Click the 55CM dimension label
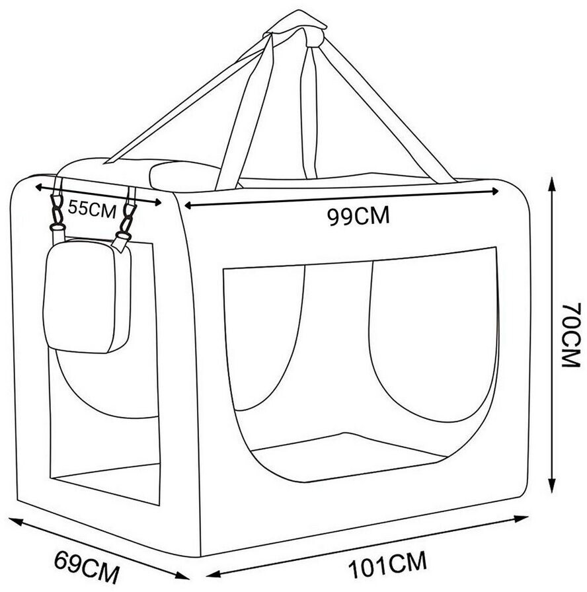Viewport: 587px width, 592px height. pyautogui.click(x=92, y=209)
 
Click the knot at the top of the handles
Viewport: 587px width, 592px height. pyautogui.click(x=295, y=26)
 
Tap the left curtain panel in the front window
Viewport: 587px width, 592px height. pyautogui.click(x=264, y=337)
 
